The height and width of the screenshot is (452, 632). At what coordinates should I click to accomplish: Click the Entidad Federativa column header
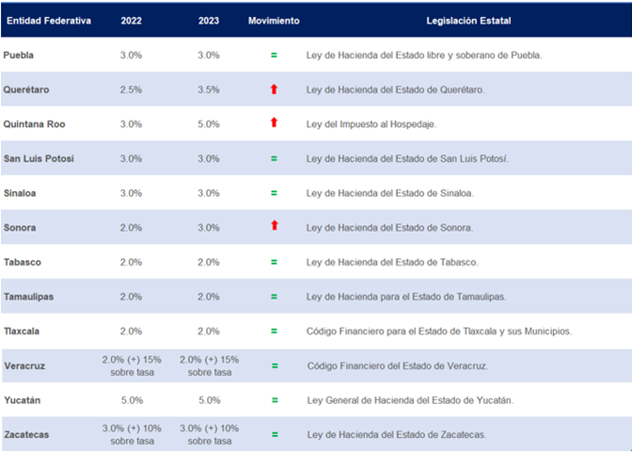coord(49,21)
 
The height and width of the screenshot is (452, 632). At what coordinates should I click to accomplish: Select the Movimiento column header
coord(274,21)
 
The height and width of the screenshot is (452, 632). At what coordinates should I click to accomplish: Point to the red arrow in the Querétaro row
coord(274,89)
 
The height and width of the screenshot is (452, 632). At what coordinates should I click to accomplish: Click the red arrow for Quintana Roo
coord(274,123)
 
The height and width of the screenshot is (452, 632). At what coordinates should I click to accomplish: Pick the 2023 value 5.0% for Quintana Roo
coord(209,123)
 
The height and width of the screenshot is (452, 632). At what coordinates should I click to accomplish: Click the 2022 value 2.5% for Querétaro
coord(132,89)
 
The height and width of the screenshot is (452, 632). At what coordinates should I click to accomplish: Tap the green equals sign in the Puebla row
coord(274,55)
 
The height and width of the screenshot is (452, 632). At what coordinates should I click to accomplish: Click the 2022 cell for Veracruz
coord(132,365)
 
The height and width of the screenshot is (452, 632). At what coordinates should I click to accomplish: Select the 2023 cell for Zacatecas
coord(209,434)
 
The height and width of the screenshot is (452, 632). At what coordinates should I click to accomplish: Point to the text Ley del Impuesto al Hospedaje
coord(371,123)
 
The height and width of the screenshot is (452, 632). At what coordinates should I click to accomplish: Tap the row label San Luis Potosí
coord(39,158)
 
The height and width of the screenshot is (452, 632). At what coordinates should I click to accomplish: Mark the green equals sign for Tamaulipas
coord(274,297)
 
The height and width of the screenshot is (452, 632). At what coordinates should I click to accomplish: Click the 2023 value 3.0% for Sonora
coord(209,228)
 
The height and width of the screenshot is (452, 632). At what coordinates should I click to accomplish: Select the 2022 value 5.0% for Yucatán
coord(132,400)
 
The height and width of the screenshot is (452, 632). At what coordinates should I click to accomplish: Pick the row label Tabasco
coord(23,262)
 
